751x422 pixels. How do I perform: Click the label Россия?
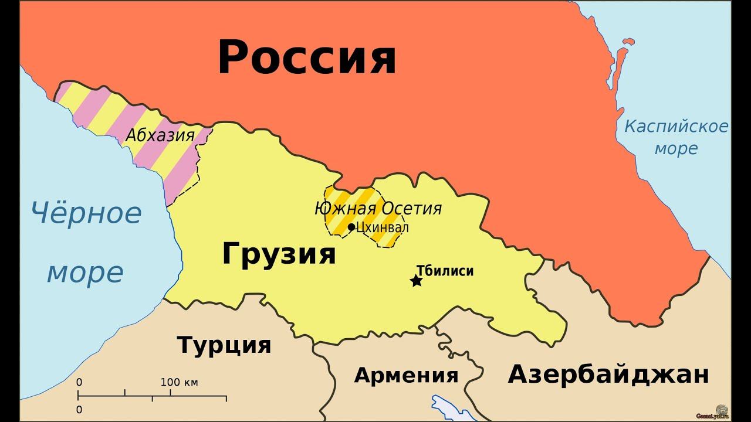pyautogui.click(x=307, y=57)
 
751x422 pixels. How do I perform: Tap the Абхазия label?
pyautogui.click(x=160, y=135)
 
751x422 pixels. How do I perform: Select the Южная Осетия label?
pyautogui.click(x=378, y=208)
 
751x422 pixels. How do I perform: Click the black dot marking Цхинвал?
pyautogui.click(x=351, y=227)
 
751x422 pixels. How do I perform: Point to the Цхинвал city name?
pyautogui.click(x=383, y=227)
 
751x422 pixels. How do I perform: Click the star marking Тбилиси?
pyautogui.click(x=416, y=281)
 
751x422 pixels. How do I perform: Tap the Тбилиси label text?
pyautogui.click(x=445, y=271)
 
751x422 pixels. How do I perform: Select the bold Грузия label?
pyautogui.click(x=279, y=254)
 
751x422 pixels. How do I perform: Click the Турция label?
pyautogui.click(x=224, y=345)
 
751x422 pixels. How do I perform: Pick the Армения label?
pyautogui.click(x=406, y=375)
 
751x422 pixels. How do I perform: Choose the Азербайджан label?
pyautogui.click(x=608, y=374)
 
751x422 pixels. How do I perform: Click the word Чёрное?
pyautogui.click(x=86, y=213)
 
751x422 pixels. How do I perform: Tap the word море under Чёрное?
pyautogui.click(x=85, y=273)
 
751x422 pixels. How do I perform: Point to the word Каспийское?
pyautogui.click(x=676, y=126)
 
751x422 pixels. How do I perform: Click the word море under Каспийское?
pyautogui.click(x=676, y=148)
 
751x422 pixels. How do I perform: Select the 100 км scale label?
pyautogui.click(x=179, y=383)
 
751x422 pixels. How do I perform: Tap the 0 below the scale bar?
pyautogui.click(x=79, y=409)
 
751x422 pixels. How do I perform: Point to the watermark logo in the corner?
pyautogui.click(x=720, y=410)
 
